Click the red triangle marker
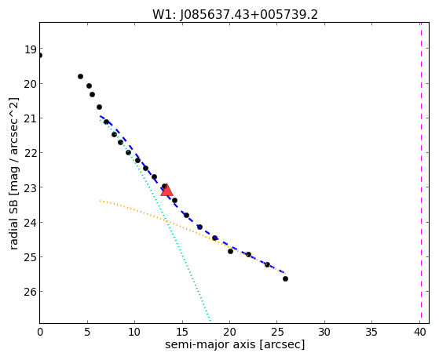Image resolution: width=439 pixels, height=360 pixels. coord(166,191)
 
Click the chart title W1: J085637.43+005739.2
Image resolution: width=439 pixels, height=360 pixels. coord(235,15)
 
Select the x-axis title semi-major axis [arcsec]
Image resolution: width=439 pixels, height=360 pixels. coord(235,344)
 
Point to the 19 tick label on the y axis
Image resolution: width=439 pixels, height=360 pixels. coord(31,49)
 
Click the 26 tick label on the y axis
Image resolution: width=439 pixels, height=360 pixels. coord(31,292)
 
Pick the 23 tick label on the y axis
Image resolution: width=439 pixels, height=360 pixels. coord(31,187)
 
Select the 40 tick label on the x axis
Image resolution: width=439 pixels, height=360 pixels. coord(419,333)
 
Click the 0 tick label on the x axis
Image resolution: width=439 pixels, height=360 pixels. coord(40,333)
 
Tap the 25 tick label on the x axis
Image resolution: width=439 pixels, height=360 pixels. coord(277,333)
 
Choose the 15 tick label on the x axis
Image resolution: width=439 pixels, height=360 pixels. coord(182,333)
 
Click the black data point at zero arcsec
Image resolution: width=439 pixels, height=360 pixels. coord(40,56)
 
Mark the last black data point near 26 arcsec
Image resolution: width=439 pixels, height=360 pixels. coord(285,279)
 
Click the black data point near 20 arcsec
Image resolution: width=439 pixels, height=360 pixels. coord(230,252)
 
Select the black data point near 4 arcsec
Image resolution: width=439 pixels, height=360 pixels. coord(80,76)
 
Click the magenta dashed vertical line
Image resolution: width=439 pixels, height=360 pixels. coord(421,173)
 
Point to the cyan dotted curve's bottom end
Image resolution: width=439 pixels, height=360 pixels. coord(210,321)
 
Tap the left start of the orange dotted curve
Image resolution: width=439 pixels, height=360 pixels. coord(101,201)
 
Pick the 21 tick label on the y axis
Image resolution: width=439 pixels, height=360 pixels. coord(31,118)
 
